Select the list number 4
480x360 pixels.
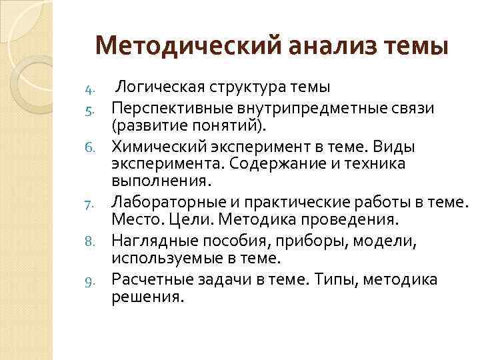94,88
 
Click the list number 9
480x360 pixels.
95,280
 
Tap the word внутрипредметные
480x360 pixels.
295,107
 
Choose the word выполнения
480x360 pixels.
160,182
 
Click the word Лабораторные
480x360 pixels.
164,202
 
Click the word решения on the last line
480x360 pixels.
146,298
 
